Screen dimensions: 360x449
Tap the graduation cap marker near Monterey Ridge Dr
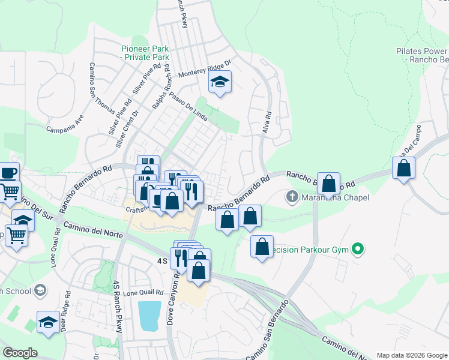pos(220,83)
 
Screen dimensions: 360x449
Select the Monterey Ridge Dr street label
pos(205,70)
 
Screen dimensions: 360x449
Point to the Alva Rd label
pos(268,122)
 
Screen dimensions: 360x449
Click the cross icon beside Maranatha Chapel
pos(292,196)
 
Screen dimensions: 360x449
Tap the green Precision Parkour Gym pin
pos(358,248)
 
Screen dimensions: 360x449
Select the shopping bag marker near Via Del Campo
pos(404,169)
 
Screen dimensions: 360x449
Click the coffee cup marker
pos(8,174)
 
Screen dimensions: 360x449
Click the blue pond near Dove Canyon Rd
pos(149,316)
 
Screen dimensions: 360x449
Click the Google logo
pos(20,353)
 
